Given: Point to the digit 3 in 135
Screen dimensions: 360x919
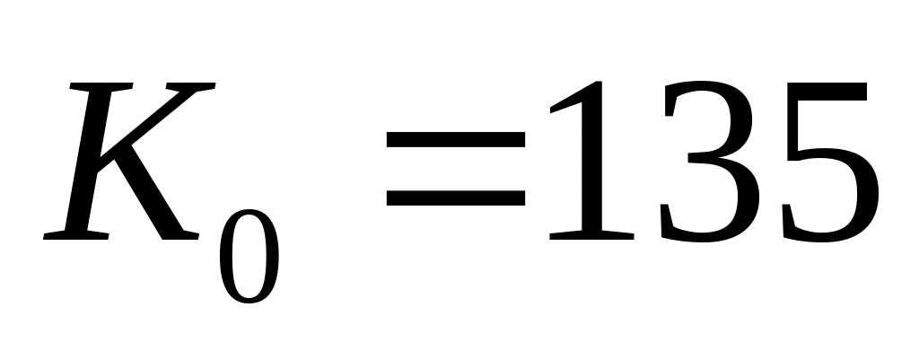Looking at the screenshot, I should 709,162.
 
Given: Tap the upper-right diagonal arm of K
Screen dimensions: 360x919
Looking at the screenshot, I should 166,117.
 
